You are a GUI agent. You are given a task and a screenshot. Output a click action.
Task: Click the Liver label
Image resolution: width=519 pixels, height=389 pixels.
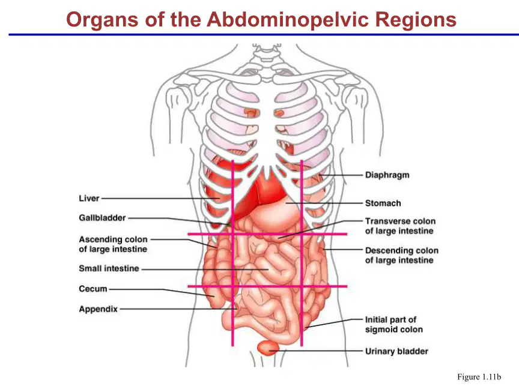point(89,199)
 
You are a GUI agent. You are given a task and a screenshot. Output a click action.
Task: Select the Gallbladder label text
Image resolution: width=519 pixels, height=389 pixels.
point(102,218)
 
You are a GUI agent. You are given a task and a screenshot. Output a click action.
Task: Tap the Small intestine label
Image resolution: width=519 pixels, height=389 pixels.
point(109,268)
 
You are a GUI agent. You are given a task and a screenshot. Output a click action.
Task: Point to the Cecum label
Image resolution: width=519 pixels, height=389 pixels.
point(93,289)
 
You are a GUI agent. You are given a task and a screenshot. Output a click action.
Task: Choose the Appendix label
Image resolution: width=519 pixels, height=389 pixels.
point(99,309)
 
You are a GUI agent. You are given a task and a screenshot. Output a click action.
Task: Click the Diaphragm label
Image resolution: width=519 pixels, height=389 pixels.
point(387,175)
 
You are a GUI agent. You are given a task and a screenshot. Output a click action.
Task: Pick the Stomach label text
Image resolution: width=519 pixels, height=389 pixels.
point(383,203)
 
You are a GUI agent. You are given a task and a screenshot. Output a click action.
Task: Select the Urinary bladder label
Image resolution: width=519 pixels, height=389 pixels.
point(396,351)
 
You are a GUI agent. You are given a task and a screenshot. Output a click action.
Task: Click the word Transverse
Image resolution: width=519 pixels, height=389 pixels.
point(385,221)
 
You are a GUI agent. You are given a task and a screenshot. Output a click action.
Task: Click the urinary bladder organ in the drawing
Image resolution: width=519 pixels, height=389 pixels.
point(269,348)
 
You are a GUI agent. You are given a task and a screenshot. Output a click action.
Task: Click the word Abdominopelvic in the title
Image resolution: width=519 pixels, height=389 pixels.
point(287,20)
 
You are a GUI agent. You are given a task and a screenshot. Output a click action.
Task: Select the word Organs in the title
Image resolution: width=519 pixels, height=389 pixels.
point(102,20)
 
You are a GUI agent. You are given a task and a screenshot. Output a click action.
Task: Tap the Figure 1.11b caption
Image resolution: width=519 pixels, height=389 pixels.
point(479,377)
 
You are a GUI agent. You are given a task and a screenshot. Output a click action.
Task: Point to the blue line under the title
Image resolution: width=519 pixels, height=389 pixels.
point(264,34)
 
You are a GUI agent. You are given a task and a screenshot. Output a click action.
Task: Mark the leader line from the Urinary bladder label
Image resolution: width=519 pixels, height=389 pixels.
point(316,351)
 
